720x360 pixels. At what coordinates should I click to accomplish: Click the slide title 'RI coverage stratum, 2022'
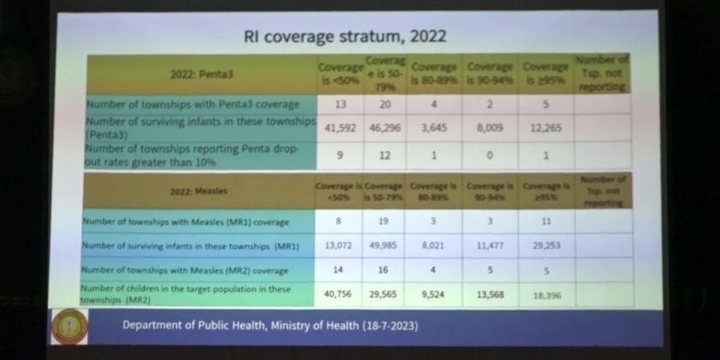tap(345, 38)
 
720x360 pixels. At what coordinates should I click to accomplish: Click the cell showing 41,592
tap(334, 128)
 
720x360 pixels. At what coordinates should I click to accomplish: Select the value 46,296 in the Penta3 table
tap(383, 128)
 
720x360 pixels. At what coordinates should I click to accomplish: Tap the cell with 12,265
tap(544, 128)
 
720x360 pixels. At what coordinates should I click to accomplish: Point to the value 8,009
tap(489, 128)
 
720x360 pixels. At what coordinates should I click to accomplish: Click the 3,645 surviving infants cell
tap(435, 128)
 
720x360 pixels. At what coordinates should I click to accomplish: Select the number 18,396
tap(546, 295)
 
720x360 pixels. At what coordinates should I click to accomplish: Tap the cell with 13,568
tap(489, 294)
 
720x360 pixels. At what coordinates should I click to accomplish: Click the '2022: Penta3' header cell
tap(200, 75)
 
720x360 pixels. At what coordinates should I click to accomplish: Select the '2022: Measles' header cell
tap(198, 192)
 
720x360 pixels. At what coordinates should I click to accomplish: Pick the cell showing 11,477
tap(489, 245)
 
